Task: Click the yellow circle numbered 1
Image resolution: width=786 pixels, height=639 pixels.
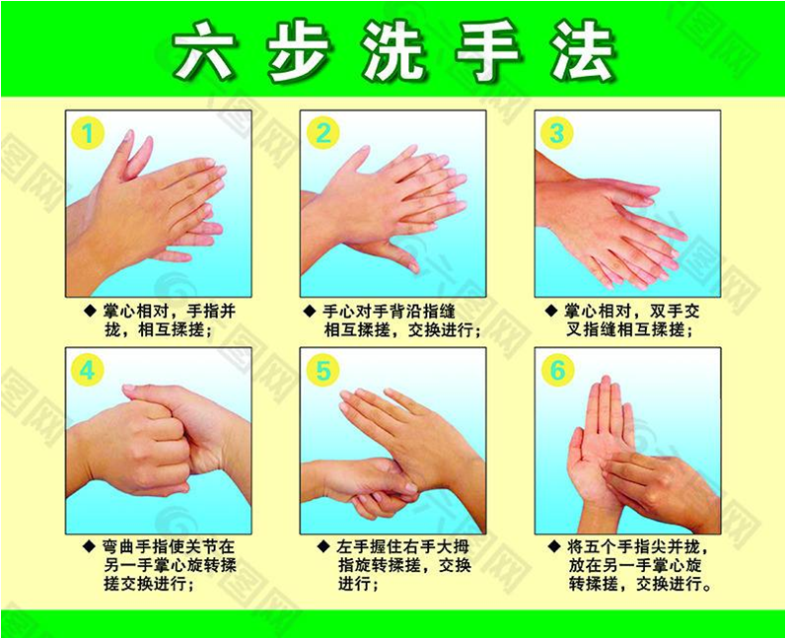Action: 88,133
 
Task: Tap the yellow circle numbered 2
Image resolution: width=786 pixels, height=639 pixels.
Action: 323,133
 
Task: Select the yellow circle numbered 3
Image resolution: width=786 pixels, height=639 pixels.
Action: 557,133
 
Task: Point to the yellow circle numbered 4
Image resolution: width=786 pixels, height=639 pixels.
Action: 88,371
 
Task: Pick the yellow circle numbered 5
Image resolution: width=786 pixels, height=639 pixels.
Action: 323,371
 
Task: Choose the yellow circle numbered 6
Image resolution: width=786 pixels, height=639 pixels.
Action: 557,371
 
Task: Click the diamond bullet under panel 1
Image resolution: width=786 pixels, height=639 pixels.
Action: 90,312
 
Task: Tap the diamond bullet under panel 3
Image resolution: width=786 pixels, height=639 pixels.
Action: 551,312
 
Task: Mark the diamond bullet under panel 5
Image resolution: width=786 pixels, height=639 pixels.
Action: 324,546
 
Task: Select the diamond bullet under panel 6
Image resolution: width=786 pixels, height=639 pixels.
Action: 554,546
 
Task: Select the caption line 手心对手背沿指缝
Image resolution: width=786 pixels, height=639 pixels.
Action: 389,312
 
